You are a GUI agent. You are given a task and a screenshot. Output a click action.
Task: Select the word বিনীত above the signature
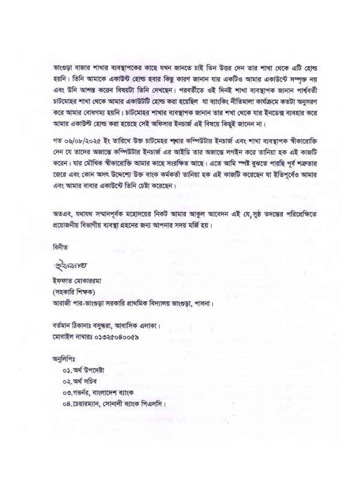coord(61,247)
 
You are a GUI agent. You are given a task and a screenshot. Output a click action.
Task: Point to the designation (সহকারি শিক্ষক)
coord(76,293)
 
